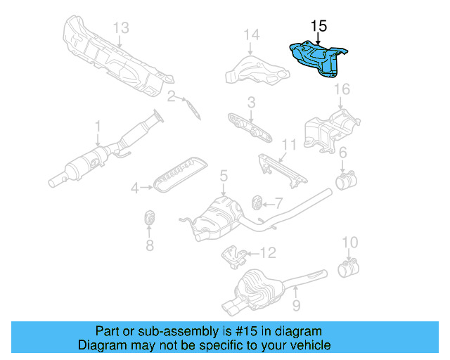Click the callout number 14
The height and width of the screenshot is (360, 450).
pos(251,34)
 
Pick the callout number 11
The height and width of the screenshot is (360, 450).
pos(285,145)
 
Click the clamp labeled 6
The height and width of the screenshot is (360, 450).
pos(345,181)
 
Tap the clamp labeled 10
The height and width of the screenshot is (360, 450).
pos(347,269)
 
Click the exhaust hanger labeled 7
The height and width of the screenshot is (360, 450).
pos(257,203)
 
